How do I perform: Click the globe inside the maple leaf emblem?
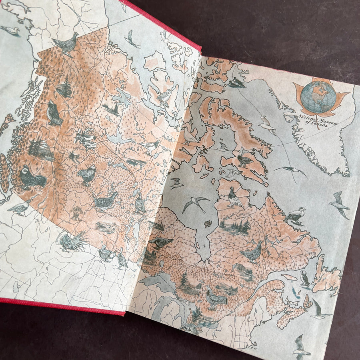[x=318, y=98]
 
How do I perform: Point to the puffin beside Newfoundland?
[x=305, y=279]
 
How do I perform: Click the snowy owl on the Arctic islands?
[x=164, y=96]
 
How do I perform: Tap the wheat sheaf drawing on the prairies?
[x=76, y=213]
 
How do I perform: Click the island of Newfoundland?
[x=326, y=274]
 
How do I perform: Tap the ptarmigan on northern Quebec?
[x=234, y=197]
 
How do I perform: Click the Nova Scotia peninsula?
[x=294, y=312]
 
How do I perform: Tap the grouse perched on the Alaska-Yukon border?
[x=65, y=43]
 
